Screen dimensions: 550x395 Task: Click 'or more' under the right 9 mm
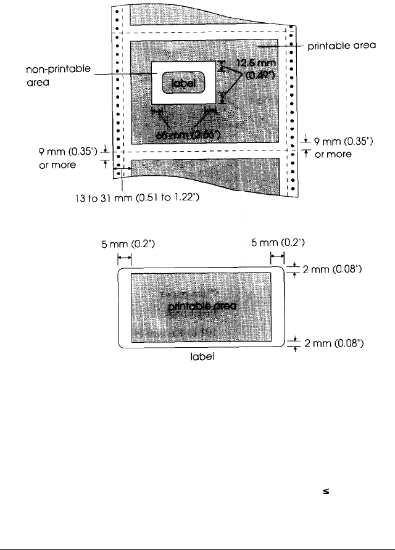click(333, 154)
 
